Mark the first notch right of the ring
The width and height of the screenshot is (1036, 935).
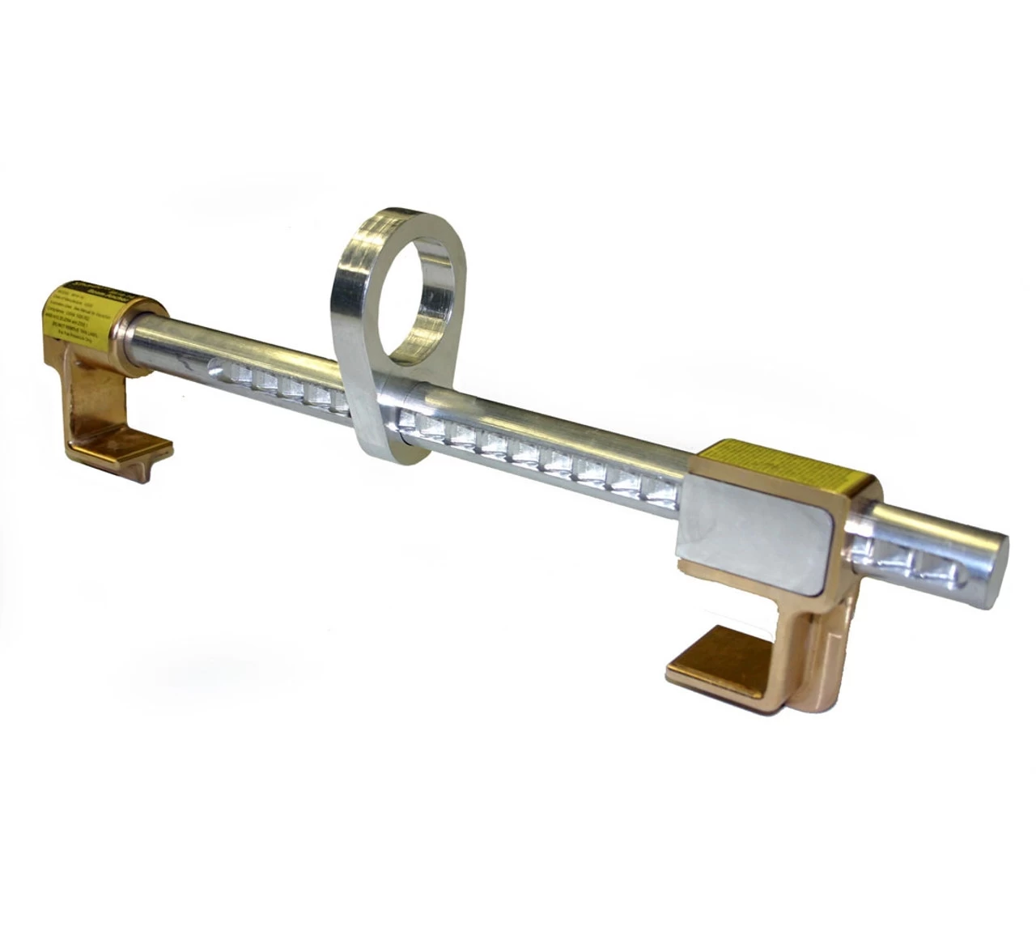coord(421,418)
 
